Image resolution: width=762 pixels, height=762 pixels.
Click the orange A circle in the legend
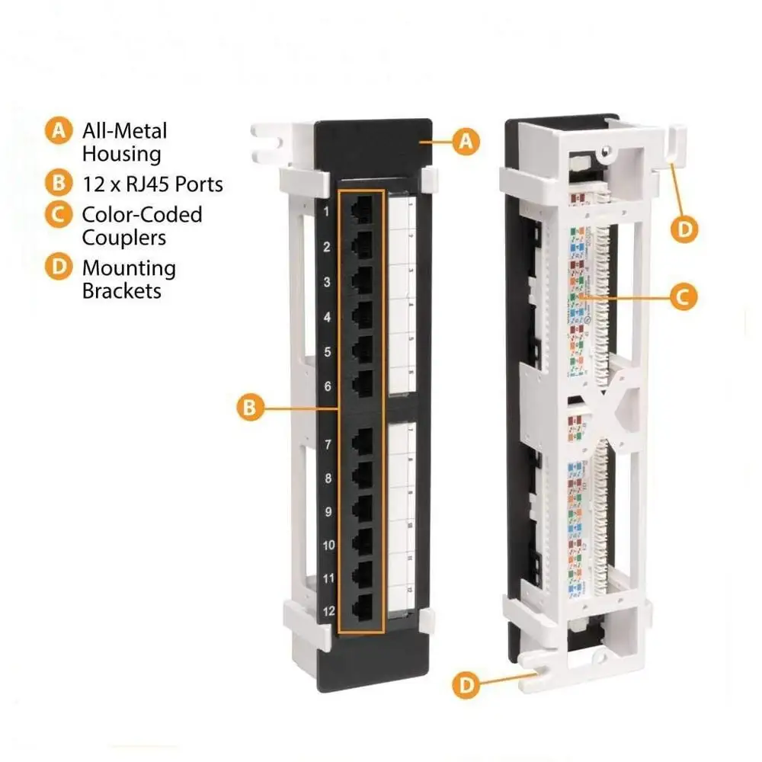(x=57, y=130)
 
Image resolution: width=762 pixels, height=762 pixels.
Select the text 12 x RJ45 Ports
(x=152, y=184)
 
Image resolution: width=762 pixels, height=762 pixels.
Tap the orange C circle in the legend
(x=57, y=214)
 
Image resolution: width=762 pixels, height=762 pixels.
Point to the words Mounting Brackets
(x=129, y=279)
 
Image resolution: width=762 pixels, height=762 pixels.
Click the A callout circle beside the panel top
(x=466, y=141)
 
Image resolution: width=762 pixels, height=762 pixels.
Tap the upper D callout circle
(x=686, y=229)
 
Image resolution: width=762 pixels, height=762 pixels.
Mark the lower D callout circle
(x=466, y=685)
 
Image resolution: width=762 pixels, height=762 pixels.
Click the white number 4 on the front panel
(x=327, y=316)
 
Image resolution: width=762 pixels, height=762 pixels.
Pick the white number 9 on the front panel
(x=327, y=512)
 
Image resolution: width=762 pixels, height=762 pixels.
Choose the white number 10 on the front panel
(x=328, y=545)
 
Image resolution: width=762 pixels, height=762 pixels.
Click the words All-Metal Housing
(x=124, y=142)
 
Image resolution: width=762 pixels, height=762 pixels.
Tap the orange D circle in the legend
(x=57, y=267)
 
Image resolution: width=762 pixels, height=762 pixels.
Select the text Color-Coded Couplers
(x=142, y=226)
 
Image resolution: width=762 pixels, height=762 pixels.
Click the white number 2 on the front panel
(x=327, y=247)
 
